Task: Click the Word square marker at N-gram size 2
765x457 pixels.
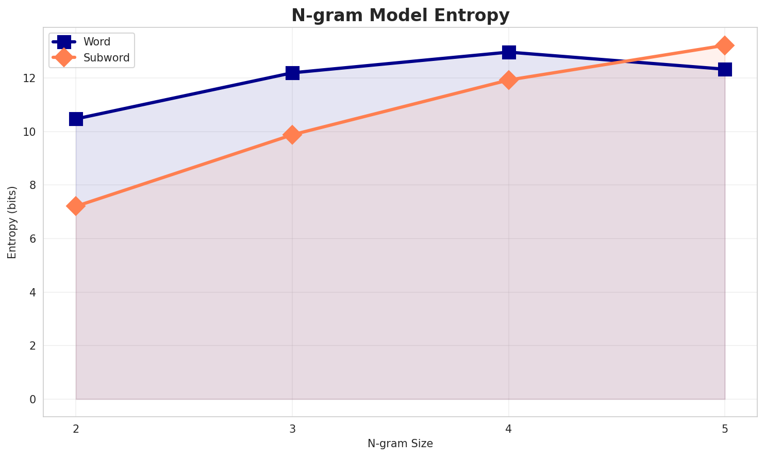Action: point(76,119)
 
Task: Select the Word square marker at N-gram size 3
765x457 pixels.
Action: point(292,73)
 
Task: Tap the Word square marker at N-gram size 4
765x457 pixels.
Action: point(509,52)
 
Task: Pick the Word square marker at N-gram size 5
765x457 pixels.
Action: point(725,69)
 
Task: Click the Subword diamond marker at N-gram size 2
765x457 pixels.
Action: point(76,206)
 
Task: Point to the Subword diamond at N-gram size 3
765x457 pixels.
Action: point(292,135)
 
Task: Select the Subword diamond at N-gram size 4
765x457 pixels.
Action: point(509,80)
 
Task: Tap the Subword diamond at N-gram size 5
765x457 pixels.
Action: point(725,45)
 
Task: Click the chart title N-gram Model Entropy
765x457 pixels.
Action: point(401,15)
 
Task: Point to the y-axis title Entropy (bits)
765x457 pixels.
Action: point(12,222)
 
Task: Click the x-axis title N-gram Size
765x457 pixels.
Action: point(400,443)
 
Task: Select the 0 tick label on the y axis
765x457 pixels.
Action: point(32,400)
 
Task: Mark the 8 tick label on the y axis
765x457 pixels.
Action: point(32,185)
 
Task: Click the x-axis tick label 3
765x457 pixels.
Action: point(292,429)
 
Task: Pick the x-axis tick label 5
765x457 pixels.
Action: point(725,429)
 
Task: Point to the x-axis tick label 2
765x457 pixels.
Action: point(76,429)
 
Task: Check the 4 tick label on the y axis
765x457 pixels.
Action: point(32,292)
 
